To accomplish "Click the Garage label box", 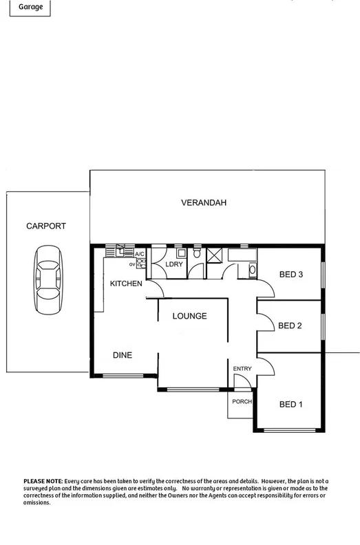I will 24,6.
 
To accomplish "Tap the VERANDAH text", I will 204,203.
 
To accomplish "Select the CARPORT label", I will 47,226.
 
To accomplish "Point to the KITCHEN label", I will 126,284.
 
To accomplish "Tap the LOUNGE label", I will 189,317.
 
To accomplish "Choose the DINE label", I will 123,355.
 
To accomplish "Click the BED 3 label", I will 290,275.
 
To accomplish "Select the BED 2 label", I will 290,325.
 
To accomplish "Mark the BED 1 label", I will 290,404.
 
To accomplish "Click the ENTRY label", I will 242,369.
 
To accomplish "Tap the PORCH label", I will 242,401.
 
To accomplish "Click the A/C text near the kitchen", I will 140,254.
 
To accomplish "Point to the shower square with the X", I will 213,256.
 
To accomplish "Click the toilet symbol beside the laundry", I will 197,255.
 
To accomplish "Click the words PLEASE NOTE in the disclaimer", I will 43,480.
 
